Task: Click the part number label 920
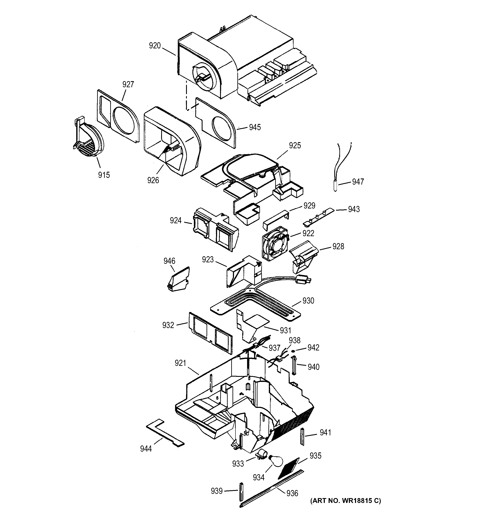tap(155, 46)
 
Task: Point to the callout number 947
tap(358, 182)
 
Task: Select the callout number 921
tap(180, 363)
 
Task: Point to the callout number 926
tap(153, 180)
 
